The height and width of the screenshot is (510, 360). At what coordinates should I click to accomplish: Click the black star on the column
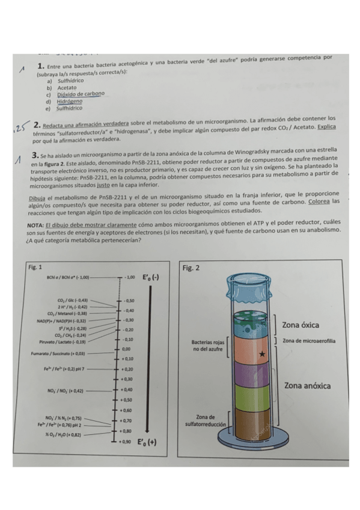tap(261, 354)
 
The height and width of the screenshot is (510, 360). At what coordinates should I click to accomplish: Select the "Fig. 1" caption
tap(35, 266)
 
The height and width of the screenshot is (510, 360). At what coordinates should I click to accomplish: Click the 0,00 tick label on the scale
tap(126, 349)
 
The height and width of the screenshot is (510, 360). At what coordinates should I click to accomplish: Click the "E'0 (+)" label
tap(148, 442)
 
